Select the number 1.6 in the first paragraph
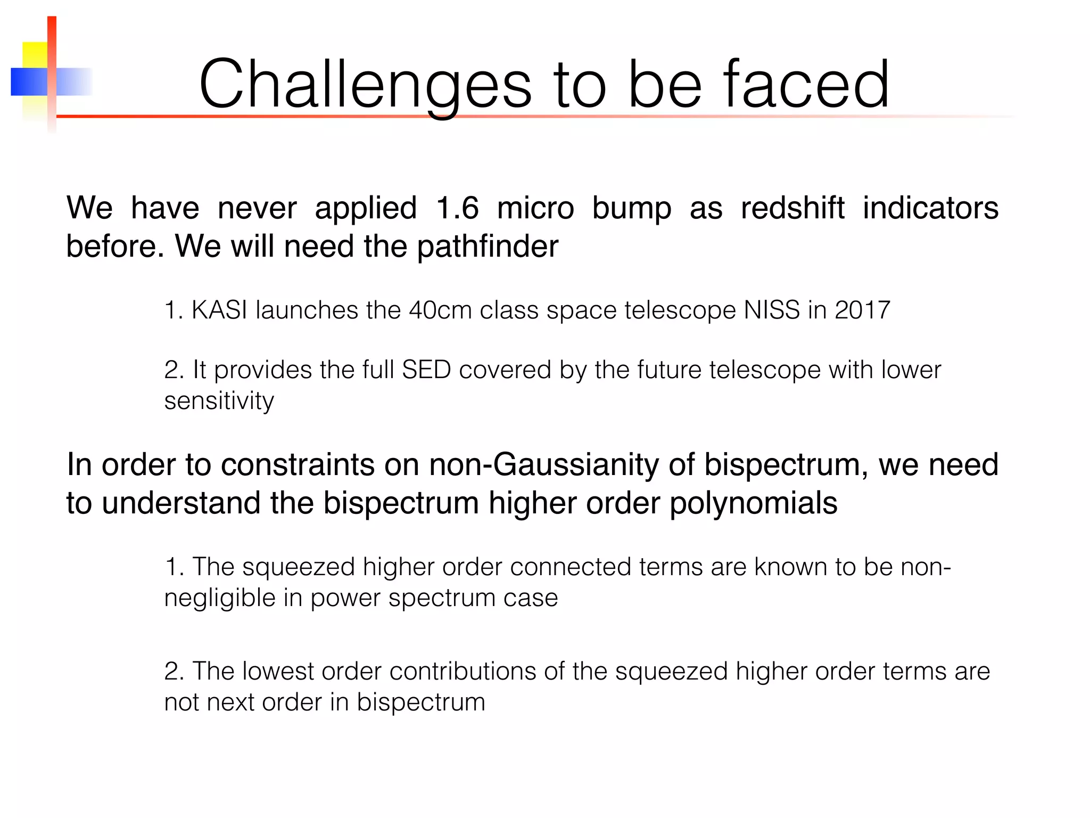[x=457, y=208]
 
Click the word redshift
[x=792, y=208]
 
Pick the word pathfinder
[x=488, y=247]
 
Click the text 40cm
[x=440, y=310]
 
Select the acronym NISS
[x=771, y=310]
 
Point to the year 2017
[x=862, y=310]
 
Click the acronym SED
[x=426, y=370]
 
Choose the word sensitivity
[x=219, y=401]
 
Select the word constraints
[x=298, y=464]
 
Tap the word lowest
[x=278, y=671]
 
